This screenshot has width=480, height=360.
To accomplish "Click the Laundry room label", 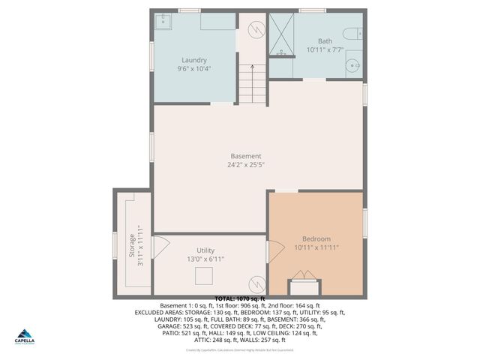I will point(193,60).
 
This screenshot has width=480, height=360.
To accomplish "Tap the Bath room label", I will point(324,41).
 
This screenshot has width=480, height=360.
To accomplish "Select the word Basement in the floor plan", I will point(246,156).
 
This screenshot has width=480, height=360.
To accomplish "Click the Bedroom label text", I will point(316,238).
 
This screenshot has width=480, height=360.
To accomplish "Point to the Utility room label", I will point(205,250).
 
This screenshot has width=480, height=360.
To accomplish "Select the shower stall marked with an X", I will point(281,34).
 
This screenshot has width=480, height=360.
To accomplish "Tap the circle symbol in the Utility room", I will point(256,284).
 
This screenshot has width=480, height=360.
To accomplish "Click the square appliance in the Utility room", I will point(204,276).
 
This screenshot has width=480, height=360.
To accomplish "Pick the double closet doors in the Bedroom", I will point(303,286).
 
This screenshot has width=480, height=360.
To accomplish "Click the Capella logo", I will point(25,338).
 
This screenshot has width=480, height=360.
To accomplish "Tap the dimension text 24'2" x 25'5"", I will point(246,165).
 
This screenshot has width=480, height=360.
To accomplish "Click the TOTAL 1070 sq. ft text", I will point(240,298).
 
